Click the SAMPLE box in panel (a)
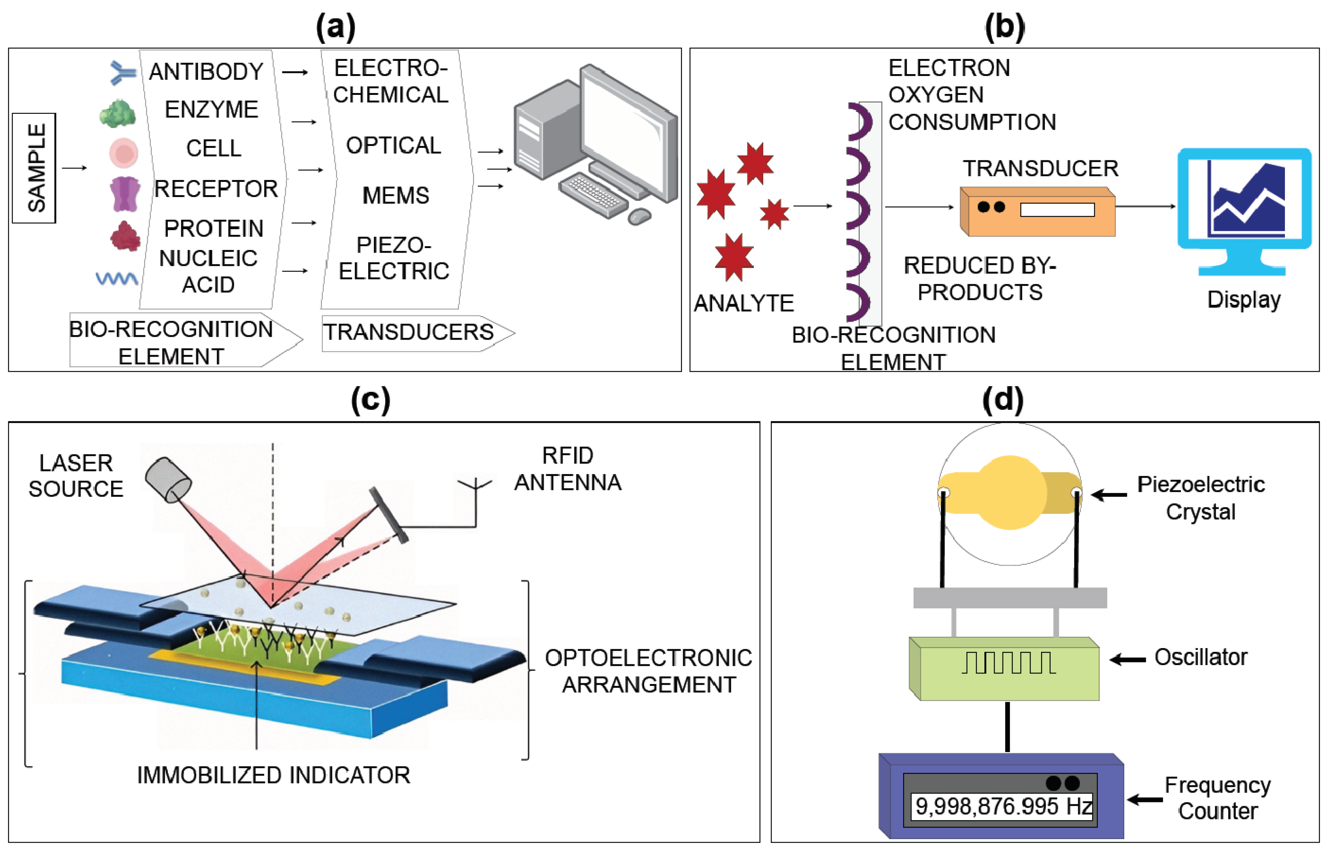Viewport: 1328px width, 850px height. (34, 168)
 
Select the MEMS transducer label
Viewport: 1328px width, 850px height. (395, 195)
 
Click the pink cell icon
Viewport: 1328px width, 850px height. (124, 152)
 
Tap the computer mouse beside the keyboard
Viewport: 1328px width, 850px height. (640, 216)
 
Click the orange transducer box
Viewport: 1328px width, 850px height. (1037, 211)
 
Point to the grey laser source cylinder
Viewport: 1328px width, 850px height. (168, 479)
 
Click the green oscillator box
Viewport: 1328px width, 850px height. (1004, 669)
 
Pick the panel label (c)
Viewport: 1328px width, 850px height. (371, 400)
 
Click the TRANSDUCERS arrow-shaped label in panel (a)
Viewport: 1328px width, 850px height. (418, 333)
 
